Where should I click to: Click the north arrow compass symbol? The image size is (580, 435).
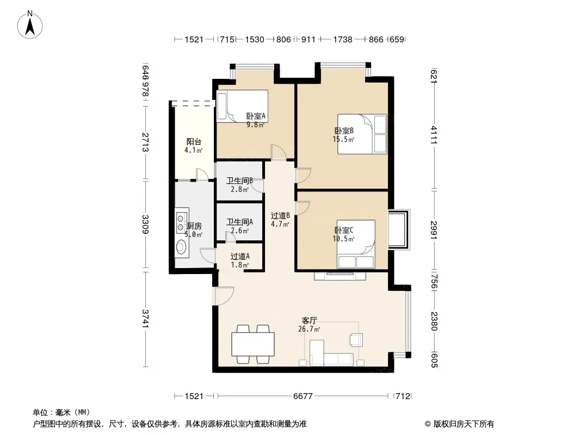30,25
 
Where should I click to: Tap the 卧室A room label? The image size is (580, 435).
256,116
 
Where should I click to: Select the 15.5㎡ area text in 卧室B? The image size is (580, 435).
344,139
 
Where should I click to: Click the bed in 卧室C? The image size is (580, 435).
356,244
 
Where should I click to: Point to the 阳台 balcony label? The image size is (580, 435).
194,141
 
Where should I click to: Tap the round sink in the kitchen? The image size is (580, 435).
181,246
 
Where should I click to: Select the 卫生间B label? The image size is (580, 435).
240,181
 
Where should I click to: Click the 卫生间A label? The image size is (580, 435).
240,222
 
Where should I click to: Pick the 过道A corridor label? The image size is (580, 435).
240,257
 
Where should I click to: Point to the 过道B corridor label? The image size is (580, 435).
280,216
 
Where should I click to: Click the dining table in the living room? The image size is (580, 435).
253,344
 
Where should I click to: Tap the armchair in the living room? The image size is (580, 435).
356,339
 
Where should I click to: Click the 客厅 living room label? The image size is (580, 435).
309,321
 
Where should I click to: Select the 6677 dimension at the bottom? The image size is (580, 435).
303,396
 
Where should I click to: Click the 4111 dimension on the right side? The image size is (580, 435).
434,135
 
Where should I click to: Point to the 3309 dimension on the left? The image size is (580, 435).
145,225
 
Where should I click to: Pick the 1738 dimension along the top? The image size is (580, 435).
343,40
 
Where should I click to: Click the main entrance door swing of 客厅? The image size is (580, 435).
224,296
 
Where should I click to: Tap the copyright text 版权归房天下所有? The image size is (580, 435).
464,424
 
